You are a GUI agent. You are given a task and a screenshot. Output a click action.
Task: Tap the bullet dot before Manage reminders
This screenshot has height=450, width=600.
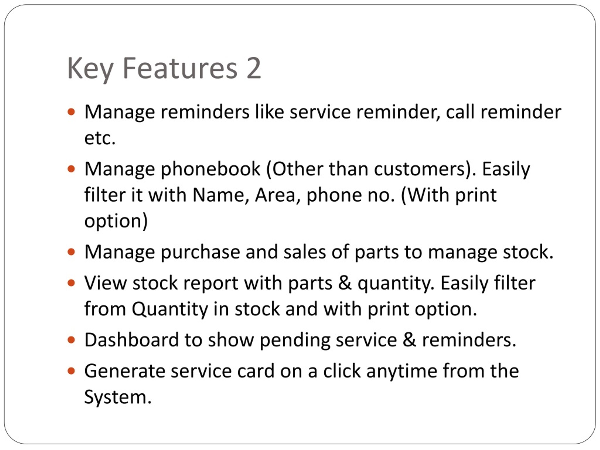[x=71, y=112]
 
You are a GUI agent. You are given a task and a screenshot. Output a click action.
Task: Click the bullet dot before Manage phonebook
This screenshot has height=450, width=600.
[x=71, y=169]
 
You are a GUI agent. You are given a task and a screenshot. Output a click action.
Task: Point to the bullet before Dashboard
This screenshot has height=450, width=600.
[x=71, y=340]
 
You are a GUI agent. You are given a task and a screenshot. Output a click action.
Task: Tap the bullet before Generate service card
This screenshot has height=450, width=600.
[x=71, y=371]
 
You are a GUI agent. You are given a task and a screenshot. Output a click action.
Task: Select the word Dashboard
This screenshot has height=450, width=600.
[x=131, y=340]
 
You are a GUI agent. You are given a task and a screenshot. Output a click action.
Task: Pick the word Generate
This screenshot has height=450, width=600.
[x=124, y=371]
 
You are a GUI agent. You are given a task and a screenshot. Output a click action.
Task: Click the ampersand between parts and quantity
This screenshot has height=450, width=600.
[x=345, y=283]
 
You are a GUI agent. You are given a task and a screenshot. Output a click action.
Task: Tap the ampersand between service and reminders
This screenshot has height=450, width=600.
[x=409, y=340]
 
